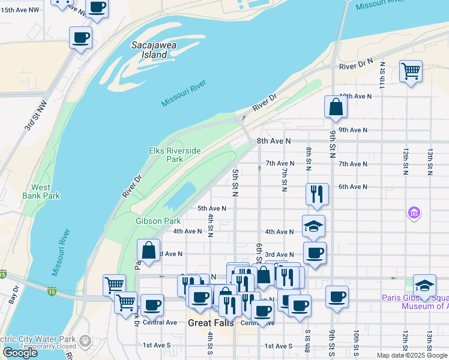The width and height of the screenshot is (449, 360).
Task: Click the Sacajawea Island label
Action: tap(149, 50)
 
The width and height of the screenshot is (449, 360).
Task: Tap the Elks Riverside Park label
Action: tap(174, 155)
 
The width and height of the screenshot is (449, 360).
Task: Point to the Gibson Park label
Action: tap(158, 221)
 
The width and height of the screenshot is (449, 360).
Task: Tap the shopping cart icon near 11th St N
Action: tap(411, 71)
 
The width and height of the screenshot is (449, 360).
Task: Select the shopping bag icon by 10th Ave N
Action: tap(336, 107)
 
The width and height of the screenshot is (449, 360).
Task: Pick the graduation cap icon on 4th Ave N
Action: tap(313, 226)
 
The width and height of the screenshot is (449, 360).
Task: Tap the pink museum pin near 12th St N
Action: tap(414, 212)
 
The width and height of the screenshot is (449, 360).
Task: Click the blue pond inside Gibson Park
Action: tap(179, 194)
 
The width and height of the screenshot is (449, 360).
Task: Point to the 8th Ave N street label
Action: tap(273, 140)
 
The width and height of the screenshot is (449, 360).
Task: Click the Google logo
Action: tap(20, 353)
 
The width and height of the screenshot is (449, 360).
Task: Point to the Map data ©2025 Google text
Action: tap(412, 355)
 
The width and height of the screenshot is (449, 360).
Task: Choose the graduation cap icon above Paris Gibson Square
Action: tap(424, 286)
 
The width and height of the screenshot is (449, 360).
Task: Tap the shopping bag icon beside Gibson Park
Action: tap(148, 250)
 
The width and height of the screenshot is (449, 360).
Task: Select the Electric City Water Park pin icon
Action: tap(85, 341)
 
